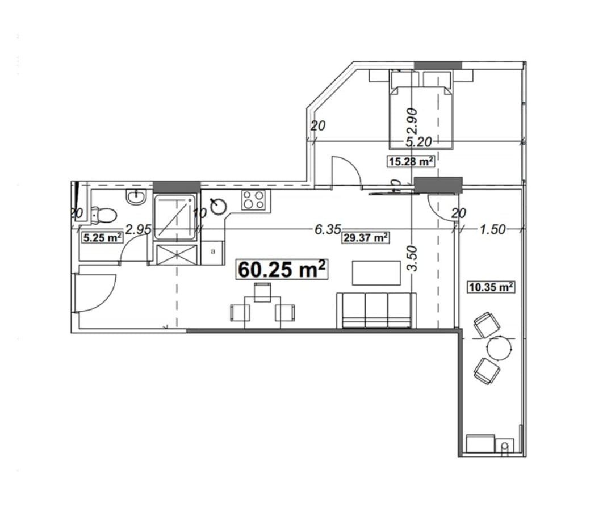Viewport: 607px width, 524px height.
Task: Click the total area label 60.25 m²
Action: (x=282, y=270)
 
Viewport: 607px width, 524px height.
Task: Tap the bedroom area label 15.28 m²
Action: (x=411, y=161)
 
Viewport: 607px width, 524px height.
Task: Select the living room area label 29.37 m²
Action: (x=366, y=238)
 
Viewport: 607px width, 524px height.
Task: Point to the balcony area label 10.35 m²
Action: (x=491, y=287)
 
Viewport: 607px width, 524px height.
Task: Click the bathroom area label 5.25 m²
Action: (x=103, y=238)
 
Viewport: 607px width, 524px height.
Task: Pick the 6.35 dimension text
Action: (x=327, y=229)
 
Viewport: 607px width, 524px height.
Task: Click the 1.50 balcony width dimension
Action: (x=492, y=229)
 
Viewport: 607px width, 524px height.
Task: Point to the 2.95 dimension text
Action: (x=138, y=230)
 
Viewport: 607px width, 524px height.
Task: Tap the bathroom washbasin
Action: (x=136, y=197)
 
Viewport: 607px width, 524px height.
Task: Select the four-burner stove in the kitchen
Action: (x=253, y=200)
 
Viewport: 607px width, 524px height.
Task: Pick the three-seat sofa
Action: (x=376, y=311)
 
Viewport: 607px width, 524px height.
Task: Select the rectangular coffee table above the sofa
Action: (x=376, y=272)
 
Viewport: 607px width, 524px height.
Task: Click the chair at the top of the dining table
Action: (x=262, y=292)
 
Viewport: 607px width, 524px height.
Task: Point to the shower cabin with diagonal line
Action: (x=176, y=216)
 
